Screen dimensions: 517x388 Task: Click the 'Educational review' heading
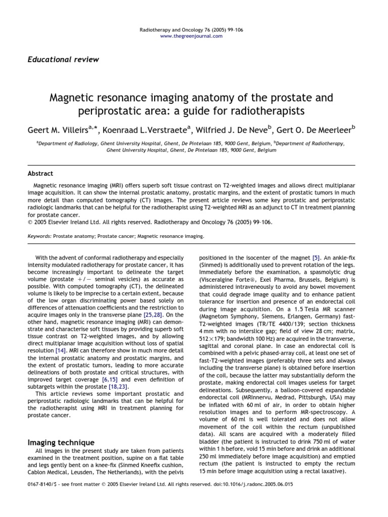(x=63, y=60)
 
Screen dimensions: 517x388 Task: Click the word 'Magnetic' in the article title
(x=72, y=96)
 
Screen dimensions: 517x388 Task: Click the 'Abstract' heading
(x=40, y=173)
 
